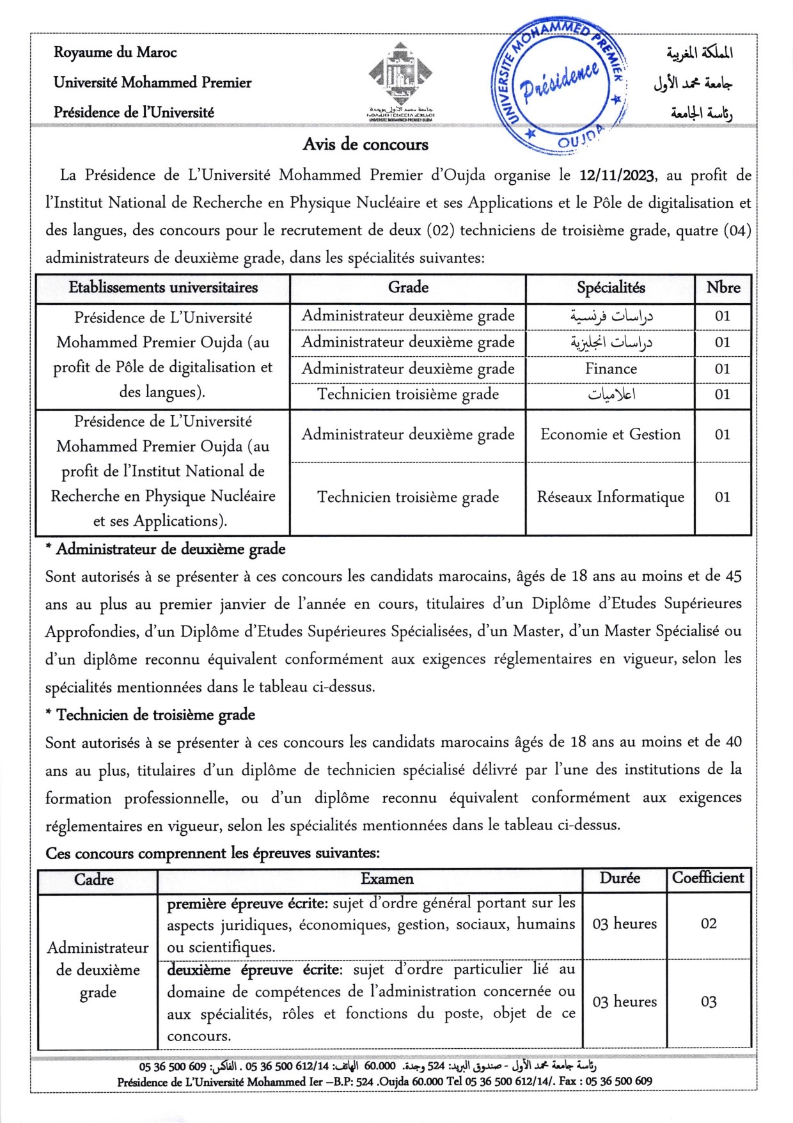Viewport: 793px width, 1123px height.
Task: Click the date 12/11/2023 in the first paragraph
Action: (616, 175)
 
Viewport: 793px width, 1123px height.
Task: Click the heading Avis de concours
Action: (365, 145)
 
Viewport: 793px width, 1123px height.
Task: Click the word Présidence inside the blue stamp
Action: (560, 81)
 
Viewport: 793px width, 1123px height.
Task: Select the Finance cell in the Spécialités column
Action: (611, 369)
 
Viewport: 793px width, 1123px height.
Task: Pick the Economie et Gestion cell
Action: (610, 435)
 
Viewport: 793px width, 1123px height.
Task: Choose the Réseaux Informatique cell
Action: (610, 498)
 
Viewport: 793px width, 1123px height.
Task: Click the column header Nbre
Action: (723, 288)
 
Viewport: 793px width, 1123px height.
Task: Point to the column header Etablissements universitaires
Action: (163, 288)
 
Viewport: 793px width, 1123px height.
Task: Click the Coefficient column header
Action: (708, 878)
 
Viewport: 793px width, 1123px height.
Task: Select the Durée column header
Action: (620, 879)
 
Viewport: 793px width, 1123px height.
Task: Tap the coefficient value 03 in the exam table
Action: (709, 1002)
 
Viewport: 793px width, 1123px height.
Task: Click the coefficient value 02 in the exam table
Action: (709, 924)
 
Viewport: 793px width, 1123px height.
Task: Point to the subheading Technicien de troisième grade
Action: (155, 715)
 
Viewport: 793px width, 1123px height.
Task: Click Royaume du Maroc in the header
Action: (115, 52)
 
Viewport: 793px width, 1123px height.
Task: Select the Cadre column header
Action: (94, 880)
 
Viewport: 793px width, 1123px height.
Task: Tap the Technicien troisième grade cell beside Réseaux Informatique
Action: (408, 498)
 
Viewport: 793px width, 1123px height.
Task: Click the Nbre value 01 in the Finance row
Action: (723, 369)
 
